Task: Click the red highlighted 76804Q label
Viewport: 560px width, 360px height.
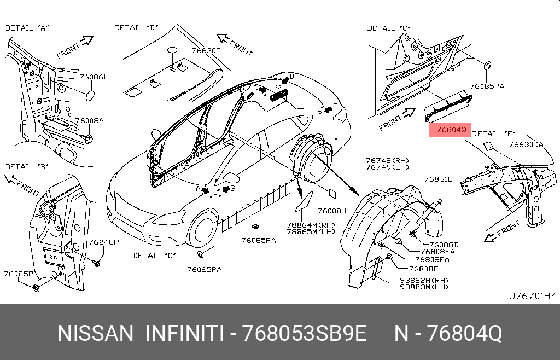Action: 450,130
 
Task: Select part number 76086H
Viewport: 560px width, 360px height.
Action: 94,77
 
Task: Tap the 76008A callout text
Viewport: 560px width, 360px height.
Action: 89,121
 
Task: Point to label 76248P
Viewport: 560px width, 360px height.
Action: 103,242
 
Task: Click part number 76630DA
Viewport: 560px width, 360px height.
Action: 526,144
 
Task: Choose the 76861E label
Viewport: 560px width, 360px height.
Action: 438,179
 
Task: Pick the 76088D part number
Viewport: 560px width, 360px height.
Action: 444,245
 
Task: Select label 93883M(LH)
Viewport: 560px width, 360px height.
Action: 424,287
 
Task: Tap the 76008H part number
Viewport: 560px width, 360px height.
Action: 332,211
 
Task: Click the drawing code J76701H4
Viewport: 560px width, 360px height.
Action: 533,295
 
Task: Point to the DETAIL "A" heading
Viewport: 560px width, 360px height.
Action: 27,28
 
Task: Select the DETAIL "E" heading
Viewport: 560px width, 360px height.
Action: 494,134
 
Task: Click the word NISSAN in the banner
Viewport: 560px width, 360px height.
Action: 95,333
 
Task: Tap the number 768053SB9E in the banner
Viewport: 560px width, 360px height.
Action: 305,333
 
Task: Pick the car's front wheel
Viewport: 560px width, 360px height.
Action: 202,229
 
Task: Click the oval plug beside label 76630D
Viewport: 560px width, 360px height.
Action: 172,50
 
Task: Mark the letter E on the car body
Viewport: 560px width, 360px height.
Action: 335,106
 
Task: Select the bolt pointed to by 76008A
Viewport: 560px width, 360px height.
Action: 87,138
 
